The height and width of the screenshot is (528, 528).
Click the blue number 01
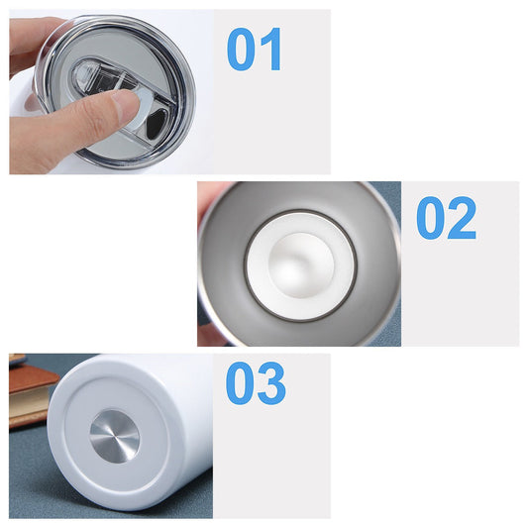pos(255,50)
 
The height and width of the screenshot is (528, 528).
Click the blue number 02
pos(446,218)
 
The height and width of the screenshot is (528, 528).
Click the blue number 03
pos(256,383)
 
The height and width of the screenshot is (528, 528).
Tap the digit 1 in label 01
pos(270,50)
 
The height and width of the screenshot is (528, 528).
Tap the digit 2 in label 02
pos(462,218)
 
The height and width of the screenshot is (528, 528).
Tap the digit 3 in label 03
pos(271,383)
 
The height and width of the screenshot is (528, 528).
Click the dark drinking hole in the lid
pos(156,124)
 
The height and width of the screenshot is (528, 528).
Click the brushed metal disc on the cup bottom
pos(115,436)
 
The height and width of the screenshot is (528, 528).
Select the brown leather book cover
pos(32,379)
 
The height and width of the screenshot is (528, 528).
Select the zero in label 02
pos(431,218)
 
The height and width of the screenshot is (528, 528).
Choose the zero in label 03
pos(241,383)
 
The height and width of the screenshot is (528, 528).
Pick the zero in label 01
pos(241,50)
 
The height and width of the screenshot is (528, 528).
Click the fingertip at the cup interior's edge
pos(210,199)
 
